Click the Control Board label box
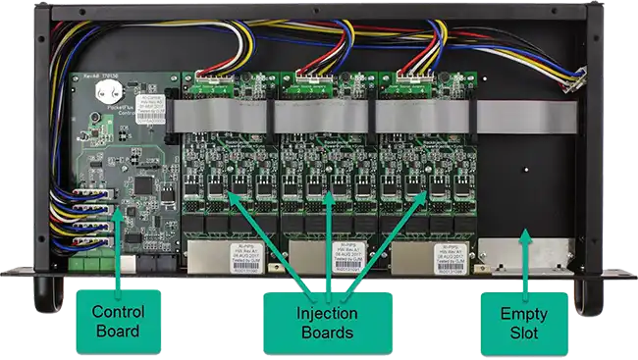[117, 322]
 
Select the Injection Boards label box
[327, 322]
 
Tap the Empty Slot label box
[522, 322]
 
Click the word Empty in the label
[522, 312]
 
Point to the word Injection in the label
[327, 312]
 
